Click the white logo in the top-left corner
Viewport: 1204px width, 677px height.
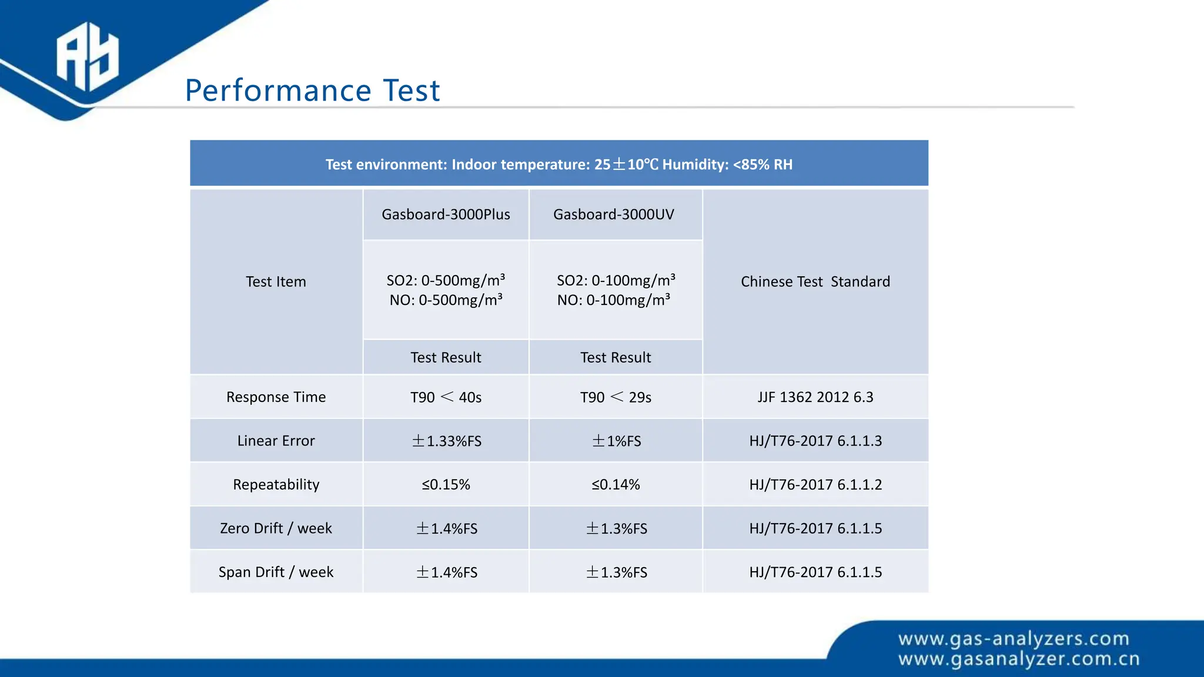coord(87,56)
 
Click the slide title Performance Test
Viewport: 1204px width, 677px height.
coord(312,91)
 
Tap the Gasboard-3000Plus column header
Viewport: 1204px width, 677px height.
coord(446,215)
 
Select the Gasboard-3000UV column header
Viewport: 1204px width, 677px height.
coord(613,215)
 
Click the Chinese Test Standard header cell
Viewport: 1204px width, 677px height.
coord(815,281)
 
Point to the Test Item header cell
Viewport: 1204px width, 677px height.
coord(276,281)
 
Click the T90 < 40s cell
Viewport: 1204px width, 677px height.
coord(446,397)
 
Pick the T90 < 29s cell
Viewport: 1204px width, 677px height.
coord(616,397)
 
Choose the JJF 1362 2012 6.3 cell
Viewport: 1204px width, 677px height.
coord(815,397)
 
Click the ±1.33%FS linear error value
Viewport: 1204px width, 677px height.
coord(446,441)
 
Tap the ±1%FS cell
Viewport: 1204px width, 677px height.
coord(616,441)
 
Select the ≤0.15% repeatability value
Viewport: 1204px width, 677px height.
coord(446,485)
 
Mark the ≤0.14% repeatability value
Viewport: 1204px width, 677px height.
coord(616,485)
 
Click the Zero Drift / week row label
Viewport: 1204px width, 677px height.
coord(276,528)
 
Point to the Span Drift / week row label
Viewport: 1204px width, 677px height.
coord(276,572)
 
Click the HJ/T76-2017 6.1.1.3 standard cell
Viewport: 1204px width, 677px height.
coord(815,441)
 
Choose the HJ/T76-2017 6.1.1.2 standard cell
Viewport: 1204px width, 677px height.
coord(815,485)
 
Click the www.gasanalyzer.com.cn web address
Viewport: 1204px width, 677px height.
coord(1019,659)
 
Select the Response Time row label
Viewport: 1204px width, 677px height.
coord(276,397)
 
